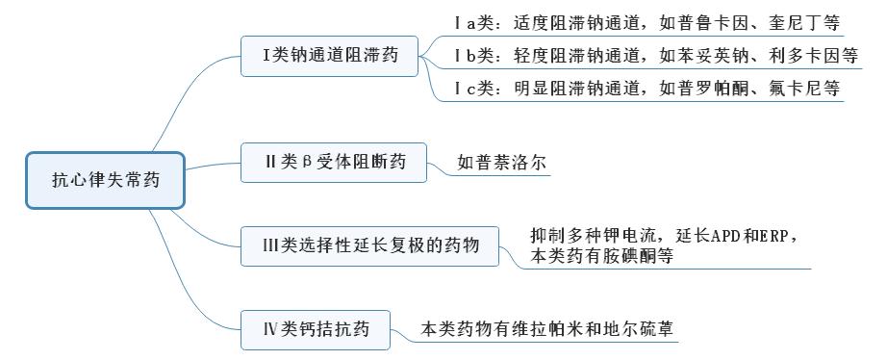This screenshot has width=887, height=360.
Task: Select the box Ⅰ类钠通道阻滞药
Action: [330, 56]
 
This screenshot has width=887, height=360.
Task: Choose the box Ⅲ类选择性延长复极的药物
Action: [370, 245]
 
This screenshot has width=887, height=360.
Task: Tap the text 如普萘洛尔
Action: [502, 163]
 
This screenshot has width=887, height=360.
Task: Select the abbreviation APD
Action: [708, 235]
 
